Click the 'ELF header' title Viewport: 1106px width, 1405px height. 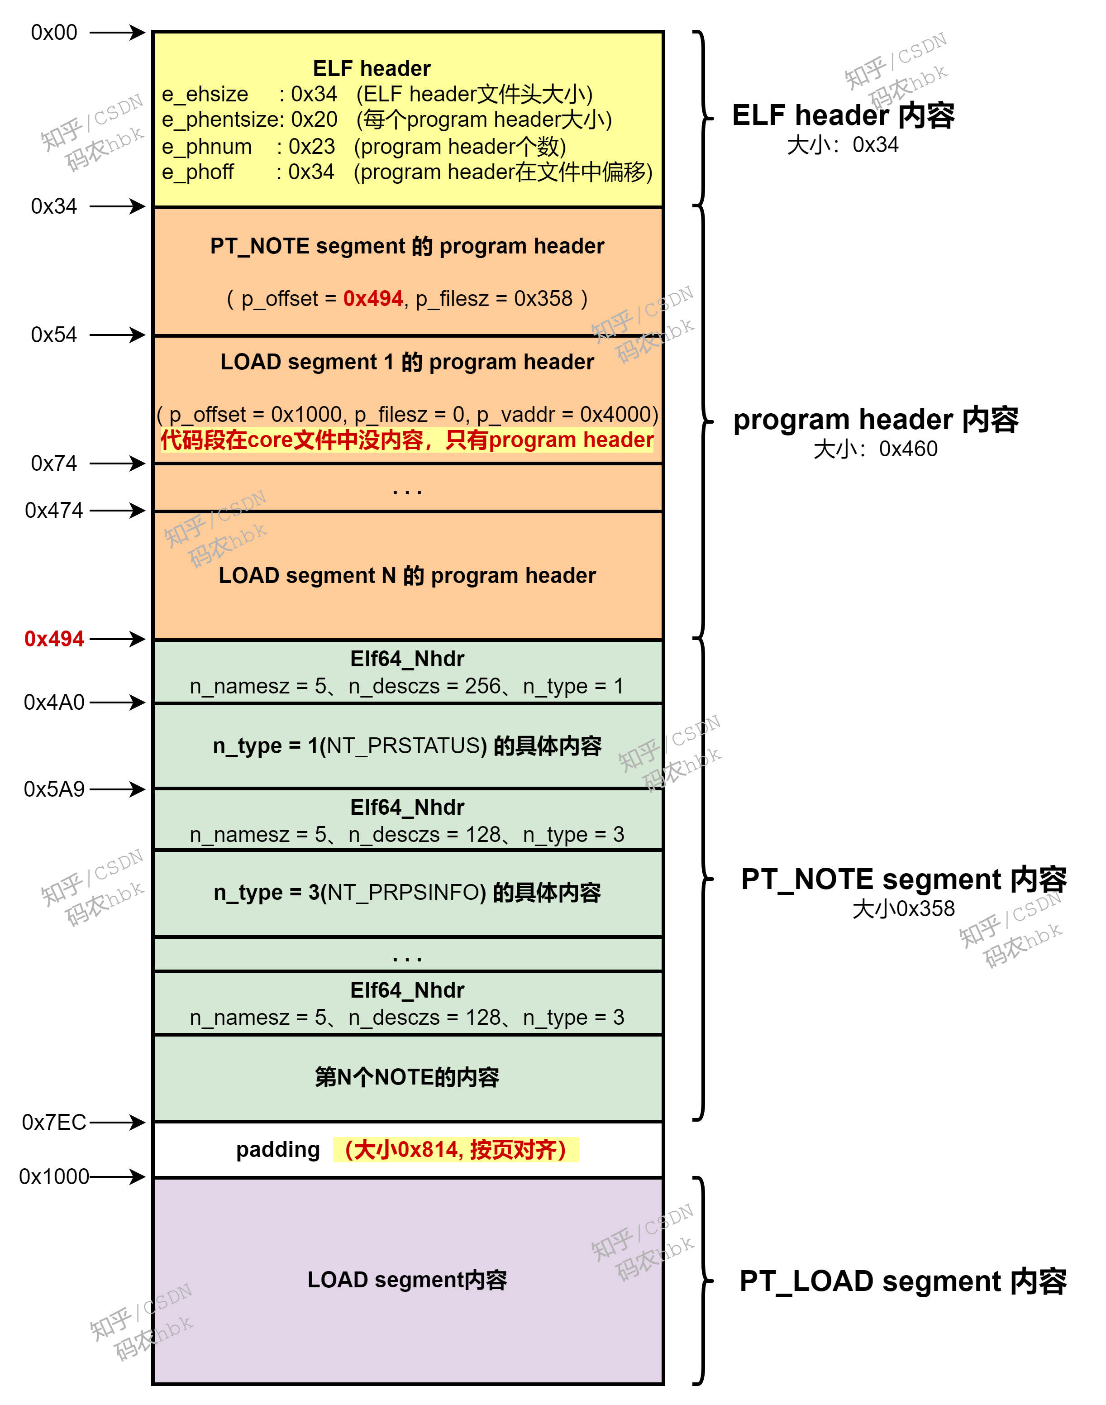point(372,69)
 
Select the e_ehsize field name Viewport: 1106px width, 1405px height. point(205,95)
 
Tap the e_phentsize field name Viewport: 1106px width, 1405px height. point(220,120)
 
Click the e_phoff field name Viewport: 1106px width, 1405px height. point(197,172)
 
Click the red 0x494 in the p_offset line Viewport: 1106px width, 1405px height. point(373,299)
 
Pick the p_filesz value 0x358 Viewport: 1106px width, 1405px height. point(543,299)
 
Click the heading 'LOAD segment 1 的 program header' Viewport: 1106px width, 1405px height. point(407,362)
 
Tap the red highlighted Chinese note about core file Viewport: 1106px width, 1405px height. point(407,440)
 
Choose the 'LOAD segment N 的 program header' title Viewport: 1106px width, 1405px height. point(407,576)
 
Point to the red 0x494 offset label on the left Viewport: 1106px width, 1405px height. point(54,639)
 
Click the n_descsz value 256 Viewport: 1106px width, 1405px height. point(482,687)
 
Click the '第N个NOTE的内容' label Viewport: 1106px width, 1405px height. point(407,1078)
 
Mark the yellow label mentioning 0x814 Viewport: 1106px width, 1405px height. point(455,1150)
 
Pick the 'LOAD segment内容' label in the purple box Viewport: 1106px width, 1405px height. point(407,1281)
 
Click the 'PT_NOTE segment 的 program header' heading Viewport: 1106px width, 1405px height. point(407,247)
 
